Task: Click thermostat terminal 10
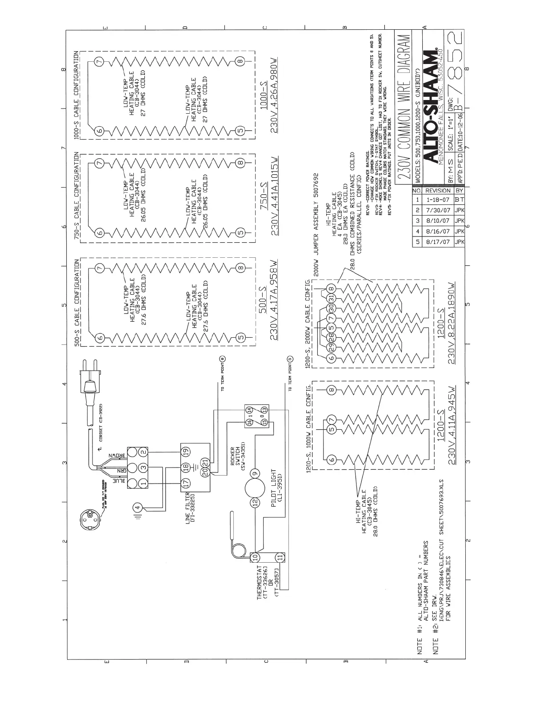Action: [x=256, y=556]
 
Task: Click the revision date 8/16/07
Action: [x=438, y=231]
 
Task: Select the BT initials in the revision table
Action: [x=459, y=200]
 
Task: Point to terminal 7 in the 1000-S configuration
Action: [x=100, y=61]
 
